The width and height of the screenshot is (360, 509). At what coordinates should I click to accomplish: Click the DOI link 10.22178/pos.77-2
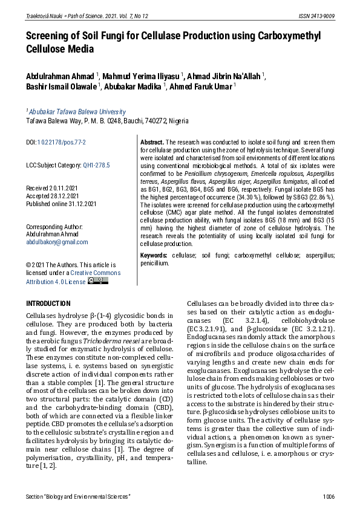(x=62, y=142)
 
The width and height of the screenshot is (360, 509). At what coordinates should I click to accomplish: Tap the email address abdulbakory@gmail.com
(x=57, y=242)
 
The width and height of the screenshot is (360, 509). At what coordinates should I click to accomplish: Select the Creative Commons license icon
(x=98, y=281)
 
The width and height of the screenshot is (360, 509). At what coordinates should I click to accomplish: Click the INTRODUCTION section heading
(x=48, y=303)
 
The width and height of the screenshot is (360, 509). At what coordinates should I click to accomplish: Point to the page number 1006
(x=329, y=497)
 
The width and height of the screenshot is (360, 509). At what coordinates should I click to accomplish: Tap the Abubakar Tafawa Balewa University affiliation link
(x=77, y=112)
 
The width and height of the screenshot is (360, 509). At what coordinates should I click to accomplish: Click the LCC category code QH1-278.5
(x=96, y=165)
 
